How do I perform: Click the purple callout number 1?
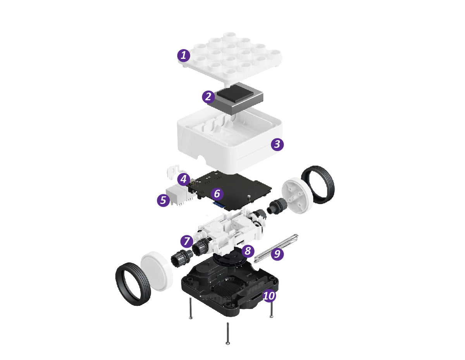click(183, 55)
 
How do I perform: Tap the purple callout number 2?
click(208, 96)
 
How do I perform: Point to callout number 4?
click(184, 179)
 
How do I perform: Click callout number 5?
click(163, 200)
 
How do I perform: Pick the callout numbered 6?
click(217, 194)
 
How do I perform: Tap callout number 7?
click(187, 241)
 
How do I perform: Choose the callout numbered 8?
click(248, 251)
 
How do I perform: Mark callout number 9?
click(277, 254)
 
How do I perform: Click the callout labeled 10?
click(269, 296)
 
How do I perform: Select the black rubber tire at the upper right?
click(318, 184)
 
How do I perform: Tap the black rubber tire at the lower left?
click(133, 284)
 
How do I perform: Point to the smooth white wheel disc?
click(157, 271)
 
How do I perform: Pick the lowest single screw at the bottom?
click(228, 336)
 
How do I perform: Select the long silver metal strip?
click(276, 248)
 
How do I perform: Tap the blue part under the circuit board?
click(219, 205)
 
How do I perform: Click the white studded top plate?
click(230, 57)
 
